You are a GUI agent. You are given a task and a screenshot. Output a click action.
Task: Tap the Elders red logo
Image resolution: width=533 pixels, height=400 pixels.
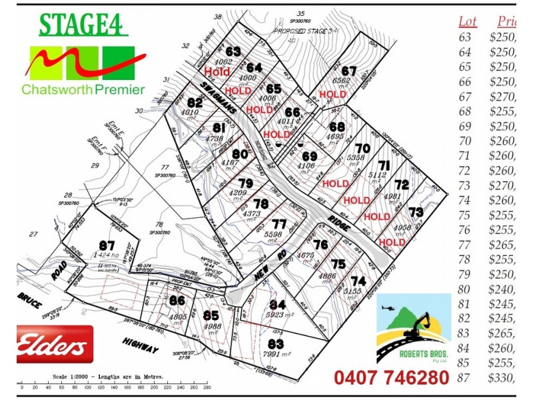pyautogui.click(x=54, y=346)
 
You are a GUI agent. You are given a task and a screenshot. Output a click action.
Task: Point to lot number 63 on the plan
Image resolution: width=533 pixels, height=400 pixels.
pyautogui.click(x=233, y=51)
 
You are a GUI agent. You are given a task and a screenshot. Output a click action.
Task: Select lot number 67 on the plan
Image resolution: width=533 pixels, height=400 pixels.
pyautogui.click(x=349, y=71)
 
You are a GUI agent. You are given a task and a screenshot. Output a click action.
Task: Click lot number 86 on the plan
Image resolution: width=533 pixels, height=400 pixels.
pyautogui.click(x=177, y=300)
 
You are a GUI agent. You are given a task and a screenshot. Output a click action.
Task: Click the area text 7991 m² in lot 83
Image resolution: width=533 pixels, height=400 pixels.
pyautogui.click(x=280, y=355)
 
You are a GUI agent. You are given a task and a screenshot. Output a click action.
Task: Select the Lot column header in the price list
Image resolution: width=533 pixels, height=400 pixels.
pyautogui.click(x=465, y=21)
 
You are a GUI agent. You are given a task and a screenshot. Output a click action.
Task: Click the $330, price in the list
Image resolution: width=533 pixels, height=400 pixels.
pyautogui.click(x=502, y=378)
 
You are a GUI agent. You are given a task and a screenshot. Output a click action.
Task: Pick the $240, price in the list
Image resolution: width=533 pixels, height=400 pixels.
pyautogui.click(x=502, y=289)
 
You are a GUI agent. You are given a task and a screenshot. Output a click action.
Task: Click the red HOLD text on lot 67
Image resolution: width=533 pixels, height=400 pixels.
pyautogui.click(x=332, y=95)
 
